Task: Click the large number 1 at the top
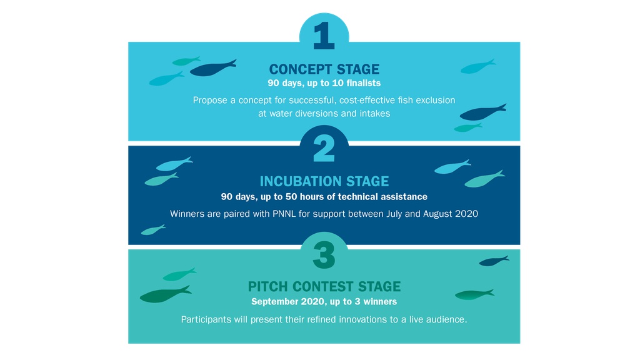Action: tap(324, 36)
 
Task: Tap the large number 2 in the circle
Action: tap(324, 147)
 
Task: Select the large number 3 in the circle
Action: tap(324, 256)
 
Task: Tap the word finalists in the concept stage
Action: tap(363, 83)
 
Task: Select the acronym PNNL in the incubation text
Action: tap(284, 214)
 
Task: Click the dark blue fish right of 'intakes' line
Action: tap(482, 112)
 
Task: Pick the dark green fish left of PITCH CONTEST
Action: tap(165, 294)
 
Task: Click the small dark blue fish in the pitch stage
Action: tap(494, 261)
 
